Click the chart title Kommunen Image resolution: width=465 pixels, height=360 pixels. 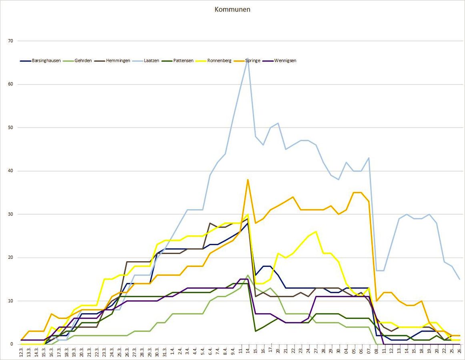click(x=232, y=9)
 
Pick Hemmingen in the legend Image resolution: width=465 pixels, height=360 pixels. click(x=117, y=61)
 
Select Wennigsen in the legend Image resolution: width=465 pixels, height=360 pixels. click(x=285, y=61)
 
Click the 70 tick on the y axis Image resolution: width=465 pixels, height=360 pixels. click(x=10, y=41)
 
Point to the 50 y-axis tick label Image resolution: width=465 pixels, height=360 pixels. click(x=10, y=128)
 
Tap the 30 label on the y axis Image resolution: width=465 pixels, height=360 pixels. click(x=10, y=214)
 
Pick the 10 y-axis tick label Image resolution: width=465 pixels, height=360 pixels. click(x=10, y=301)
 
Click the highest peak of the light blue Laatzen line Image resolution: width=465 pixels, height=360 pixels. click(x=248, y=59)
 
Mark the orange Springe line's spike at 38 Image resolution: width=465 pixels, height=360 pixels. click(x=248, y=180)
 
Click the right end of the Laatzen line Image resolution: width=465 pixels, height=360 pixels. click(x=459, y=279)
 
